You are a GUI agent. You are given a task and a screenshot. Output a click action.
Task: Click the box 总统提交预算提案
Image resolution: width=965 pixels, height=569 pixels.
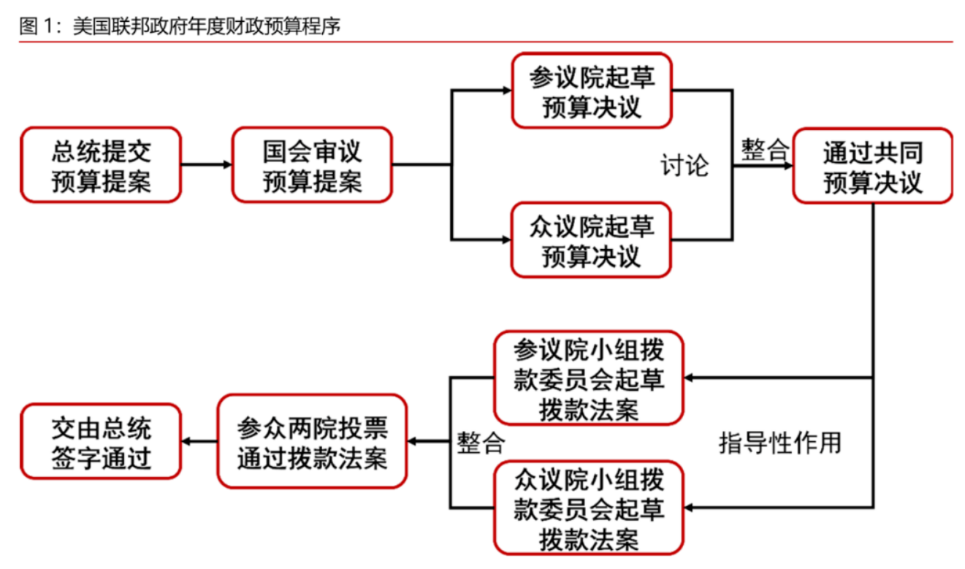coord(101,165)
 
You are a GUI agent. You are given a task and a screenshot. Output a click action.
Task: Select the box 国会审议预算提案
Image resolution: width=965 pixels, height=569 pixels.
coord(312,165)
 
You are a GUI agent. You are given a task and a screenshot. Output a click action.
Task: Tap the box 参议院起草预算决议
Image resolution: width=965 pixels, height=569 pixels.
coord(591,91)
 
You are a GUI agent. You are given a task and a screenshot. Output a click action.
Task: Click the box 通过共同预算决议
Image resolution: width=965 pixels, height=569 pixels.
coord(873,165)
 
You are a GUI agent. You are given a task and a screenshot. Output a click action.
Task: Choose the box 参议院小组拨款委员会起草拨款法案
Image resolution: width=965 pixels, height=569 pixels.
coord(589,378)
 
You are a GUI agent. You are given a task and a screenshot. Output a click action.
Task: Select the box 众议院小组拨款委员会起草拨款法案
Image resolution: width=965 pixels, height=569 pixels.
coord(589,507)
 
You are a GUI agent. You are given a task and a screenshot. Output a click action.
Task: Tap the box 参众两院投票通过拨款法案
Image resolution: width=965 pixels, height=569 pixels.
coord(312,441)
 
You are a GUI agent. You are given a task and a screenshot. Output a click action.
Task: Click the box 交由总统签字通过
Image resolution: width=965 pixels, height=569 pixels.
coord(101,441)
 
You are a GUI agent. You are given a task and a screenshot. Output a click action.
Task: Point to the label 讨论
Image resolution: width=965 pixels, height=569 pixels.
coord(684,165)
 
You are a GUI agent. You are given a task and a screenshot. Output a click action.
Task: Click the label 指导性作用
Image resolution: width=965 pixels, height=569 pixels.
coord(779,442)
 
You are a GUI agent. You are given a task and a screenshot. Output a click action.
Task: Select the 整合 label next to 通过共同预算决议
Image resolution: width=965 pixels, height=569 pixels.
coord(765,151)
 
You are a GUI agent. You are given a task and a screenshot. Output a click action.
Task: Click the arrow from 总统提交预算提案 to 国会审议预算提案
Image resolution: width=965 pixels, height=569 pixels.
coord(206,165)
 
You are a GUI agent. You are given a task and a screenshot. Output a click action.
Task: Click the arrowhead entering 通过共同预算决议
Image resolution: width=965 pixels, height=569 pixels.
coord(788,165)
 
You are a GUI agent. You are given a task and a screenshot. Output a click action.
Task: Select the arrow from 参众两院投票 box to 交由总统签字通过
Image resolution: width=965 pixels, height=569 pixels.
coord(199,441)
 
